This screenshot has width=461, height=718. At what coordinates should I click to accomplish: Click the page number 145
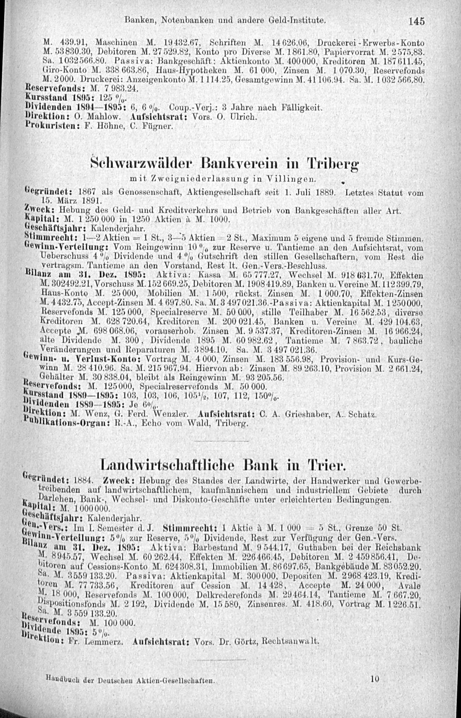coord(415,21)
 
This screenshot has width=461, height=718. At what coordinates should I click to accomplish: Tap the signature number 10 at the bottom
coord(374,679)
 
